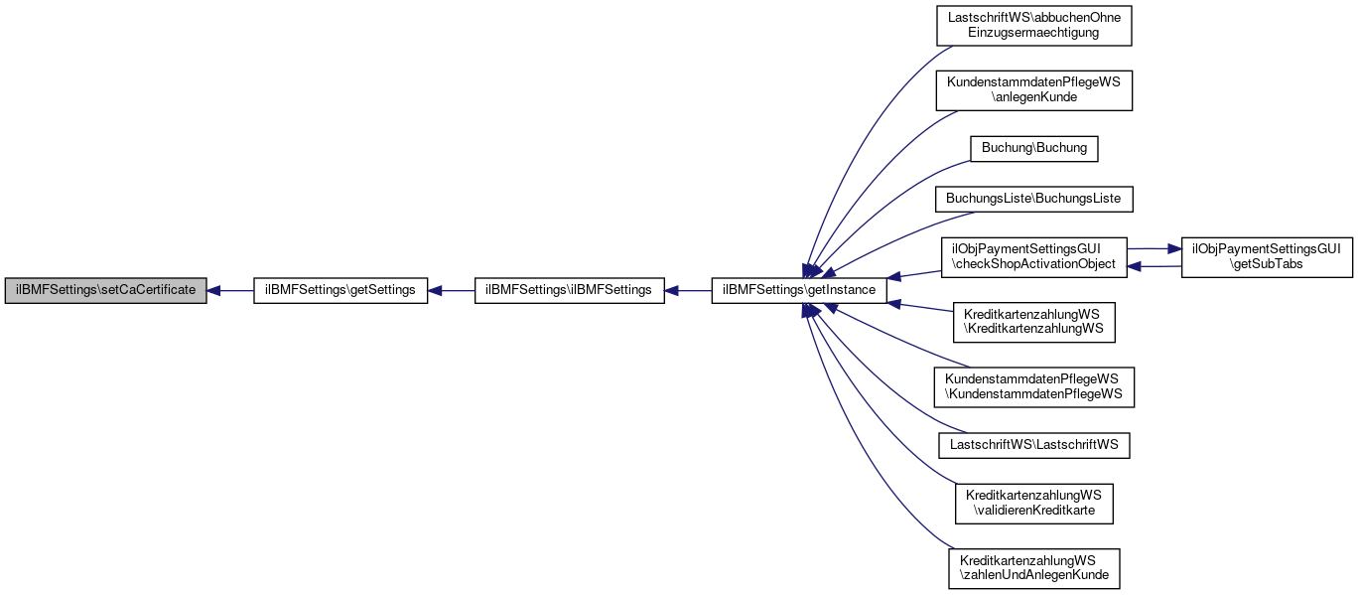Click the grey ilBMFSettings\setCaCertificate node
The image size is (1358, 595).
coord(105,290)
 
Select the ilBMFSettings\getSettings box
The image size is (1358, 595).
coord(340,290)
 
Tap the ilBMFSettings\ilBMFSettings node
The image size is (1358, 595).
coord(569,290)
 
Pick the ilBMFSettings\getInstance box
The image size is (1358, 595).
coord(799,290)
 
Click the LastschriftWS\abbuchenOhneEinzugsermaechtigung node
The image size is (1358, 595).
coord(1033,26)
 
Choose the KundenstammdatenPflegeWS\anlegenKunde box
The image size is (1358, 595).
coord(1033,90)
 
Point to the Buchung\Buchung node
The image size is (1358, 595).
coord(1033,149)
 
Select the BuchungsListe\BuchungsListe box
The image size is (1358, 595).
coord(1033,199)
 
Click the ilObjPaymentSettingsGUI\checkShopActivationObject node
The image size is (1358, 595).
coord(1033,258)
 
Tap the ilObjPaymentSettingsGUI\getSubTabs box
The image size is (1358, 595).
coord(1267,258)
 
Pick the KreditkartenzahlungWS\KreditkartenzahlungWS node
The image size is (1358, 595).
coord(1033,322)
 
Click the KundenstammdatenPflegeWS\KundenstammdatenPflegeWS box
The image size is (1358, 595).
coord(1033,387)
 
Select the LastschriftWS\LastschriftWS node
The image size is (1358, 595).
coord(1033,445)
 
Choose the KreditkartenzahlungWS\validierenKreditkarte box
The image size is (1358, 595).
coord(1033,504)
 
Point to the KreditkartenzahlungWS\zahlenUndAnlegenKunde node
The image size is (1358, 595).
coord(1033,568)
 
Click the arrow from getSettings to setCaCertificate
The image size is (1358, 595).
coord(230,291)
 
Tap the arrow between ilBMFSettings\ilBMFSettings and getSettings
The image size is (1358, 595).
coord(451,291)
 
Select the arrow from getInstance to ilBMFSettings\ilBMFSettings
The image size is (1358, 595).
coord(688,291)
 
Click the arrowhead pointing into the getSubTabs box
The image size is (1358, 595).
coord(1175,248)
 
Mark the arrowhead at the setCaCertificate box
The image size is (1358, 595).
coord(213,291)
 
